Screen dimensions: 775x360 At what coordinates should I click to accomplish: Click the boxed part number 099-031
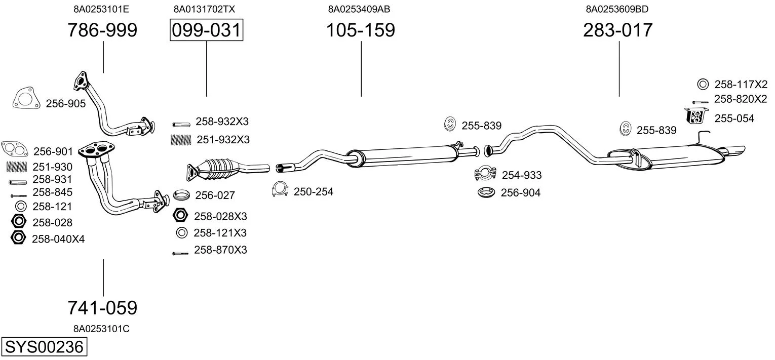point(206,30)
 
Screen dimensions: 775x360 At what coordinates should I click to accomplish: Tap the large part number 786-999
point(102,30)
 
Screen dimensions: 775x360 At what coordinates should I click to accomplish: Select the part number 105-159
point(361,30)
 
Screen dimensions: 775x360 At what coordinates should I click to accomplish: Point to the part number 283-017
point(617,30)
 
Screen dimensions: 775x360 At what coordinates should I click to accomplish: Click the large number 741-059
point(102,307)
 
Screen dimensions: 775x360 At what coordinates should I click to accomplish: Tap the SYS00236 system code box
point(44,346)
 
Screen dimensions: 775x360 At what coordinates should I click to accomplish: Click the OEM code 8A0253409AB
point(359,9)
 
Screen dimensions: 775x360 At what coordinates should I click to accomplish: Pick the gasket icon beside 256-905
point(24,98)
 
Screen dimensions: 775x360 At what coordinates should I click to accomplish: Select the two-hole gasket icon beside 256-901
point(15,149)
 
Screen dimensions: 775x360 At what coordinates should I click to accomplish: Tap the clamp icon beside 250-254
point(280,189)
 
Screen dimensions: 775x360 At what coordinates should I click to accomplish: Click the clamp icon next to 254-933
point(485,173)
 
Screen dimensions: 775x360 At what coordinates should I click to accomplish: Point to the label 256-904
point(520,192)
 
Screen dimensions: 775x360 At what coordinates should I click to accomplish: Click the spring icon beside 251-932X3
point(181,140)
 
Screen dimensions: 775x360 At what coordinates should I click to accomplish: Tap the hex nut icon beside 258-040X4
point(18,237)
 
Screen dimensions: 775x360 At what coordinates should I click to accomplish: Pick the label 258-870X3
point(220,250)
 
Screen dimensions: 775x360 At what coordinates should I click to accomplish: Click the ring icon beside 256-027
point(181,195)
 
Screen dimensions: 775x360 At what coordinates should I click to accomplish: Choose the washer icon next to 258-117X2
point(703,84)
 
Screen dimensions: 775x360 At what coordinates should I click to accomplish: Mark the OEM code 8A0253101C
point(101,329)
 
